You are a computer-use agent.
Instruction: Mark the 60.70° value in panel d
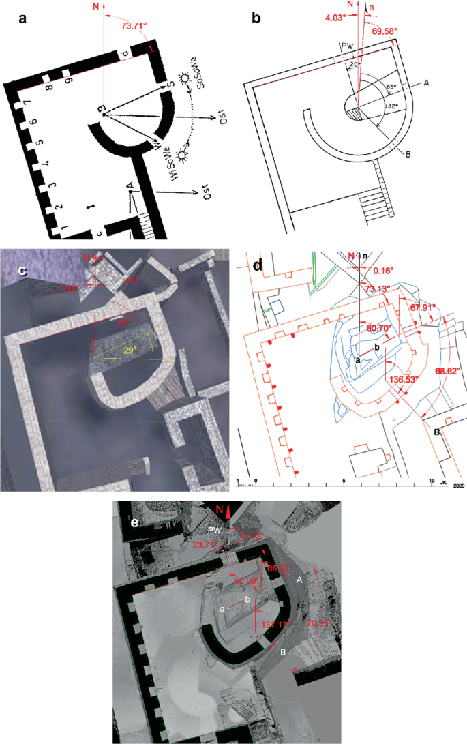[380, 328]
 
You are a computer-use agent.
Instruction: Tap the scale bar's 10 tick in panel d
[432, 481]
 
